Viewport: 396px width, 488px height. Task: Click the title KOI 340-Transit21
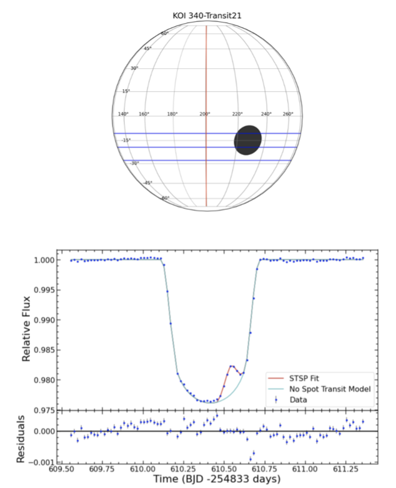(x=207, y=16)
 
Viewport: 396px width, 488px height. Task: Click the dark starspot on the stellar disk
(x=247, y=140)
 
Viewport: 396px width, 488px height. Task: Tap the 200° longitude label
(x=204, y=114)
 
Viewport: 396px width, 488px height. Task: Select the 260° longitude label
(x=288, y=114)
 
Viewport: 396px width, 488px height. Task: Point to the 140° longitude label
(x=123, y=114)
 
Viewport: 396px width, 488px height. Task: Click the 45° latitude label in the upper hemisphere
(x=147, y=48)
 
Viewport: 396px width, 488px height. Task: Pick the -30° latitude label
(x=134, y=163)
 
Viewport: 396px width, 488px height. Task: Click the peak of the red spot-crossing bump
(x=232, y=366)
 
